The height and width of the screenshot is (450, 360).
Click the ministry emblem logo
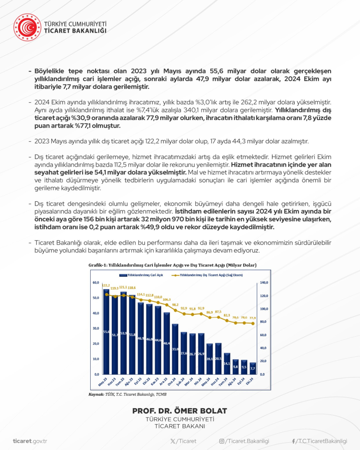[x=27, y=27]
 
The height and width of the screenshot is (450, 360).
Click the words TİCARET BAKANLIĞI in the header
[x=75, y=31]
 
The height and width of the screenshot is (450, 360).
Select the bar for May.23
[x=106, y=331]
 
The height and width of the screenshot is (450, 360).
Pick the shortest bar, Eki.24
[x=253, y=368]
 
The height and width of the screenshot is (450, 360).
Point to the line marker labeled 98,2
[x=175, y=310]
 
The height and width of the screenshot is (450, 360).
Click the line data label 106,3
[x=167, y=299]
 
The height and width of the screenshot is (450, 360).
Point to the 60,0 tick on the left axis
[x=96, y=282]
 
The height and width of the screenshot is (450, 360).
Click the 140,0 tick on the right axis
[x=264, y=282]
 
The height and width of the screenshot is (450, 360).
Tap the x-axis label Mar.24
[x=192, y=382]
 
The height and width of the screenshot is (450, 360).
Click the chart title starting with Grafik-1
[x=172, y=265]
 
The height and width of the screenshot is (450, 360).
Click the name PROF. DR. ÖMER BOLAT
[x=180, y=411]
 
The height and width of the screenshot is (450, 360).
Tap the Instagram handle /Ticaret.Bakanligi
[x=244, y=441]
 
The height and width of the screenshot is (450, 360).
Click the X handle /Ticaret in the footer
[x=183, y=441]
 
